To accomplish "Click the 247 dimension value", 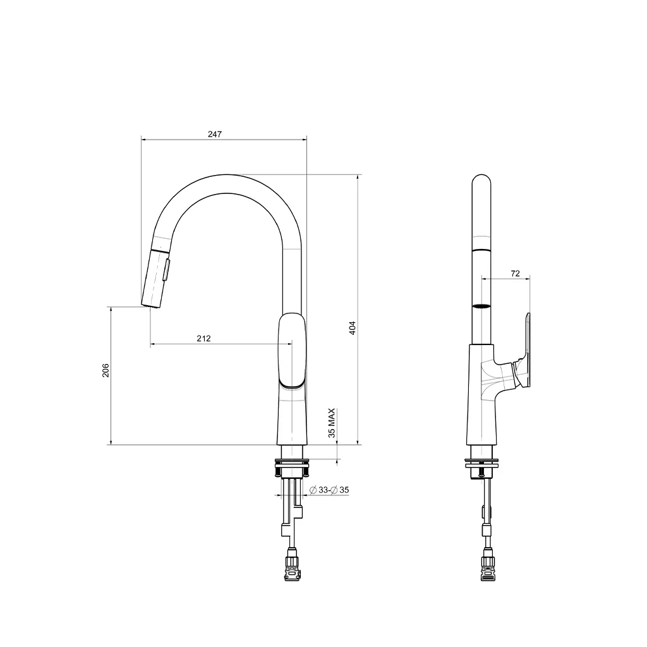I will pyautogui.click(x=215, y=134).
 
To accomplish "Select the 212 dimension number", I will pyautogui.click(x=203, y=339).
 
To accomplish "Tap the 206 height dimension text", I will pyautogui.click(x=106, y=370).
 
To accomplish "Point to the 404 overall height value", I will pyautogui.click(x=353, y=328).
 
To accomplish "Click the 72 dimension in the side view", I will pyautogui.click(x=515, y=274).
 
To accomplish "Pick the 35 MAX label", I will pyautogui.click(x=332, y=423).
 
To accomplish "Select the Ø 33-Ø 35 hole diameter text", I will pyautogui.click(x=329, y=490).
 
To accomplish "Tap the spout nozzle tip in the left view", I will pyautogui.click(x=150, y=305).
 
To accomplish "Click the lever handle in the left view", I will pyautogui.click(x=292, y=351).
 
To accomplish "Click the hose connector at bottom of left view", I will pyautogui.click(x=292, y=565).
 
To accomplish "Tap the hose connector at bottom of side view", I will pyautogui.click(x=488, y=565).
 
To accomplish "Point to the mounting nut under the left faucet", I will pyautogui.click(x=291, y=469).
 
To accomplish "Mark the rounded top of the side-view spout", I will pyautogui.click(x=481, y=179).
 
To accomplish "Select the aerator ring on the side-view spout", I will pyautogui.click(x=481, y=306).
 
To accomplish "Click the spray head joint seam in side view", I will pyautogui.click(x=481, y=251).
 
